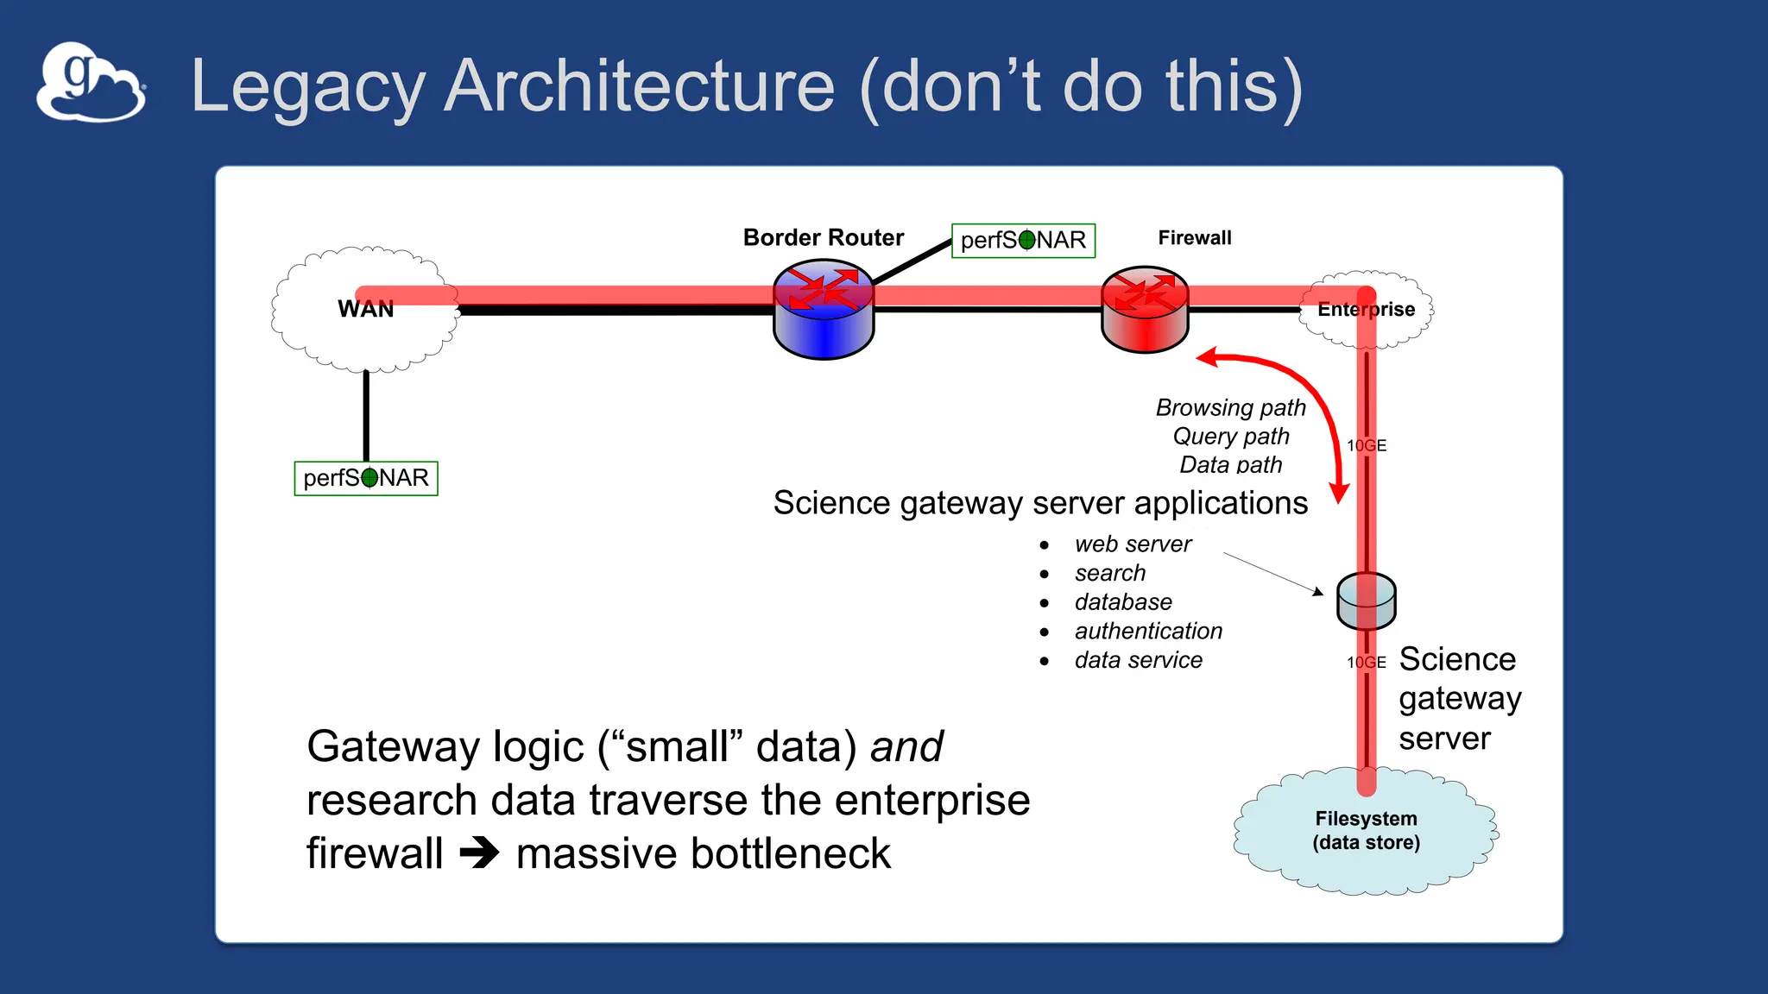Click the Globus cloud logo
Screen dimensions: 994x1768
(x=91, y=83)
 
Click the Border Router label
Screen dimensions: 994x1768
(x=823, y=237)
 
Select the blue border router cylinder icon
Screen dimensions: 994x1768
(x=824, y=312)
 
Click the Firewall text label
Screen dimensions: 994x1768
(x=1194, y=237)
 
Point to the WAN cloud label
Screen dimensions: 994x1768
(x=365, y=309)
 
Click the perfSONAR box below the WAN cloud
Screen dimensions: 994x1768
(x=366, y=478)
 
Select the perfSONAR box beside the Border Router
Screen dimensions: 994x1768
(x=1023, y=240)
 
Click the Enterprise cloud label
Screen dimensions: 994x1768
(x=1366, y=309)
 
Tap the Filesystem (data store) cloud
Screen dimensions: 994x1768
(x=1366, y=831)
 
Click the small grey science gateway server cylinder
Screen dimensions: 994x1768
(x=1366, y=601)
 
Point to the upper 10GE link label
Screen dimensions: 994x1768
(x=1367, y=445)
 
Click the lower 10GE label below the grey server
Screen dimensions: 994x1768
(x=1367, y=662)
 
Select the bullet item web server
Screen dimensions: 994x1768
(x=1133, y=544)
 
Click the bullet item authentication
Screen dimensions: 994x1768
(x=1148, y=632)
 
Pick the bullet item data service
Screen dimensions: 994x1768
(x=1138, y=660)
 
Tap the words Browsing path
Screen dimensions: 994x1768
(x=1230, y=407)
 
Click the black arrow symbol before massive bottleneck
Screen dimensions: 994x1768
(x=479, y=853)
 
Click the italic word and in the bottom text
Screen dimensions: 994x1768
(x=906, y=746)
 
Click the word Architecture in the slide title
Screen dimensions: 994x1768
(x=639, y=86)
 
